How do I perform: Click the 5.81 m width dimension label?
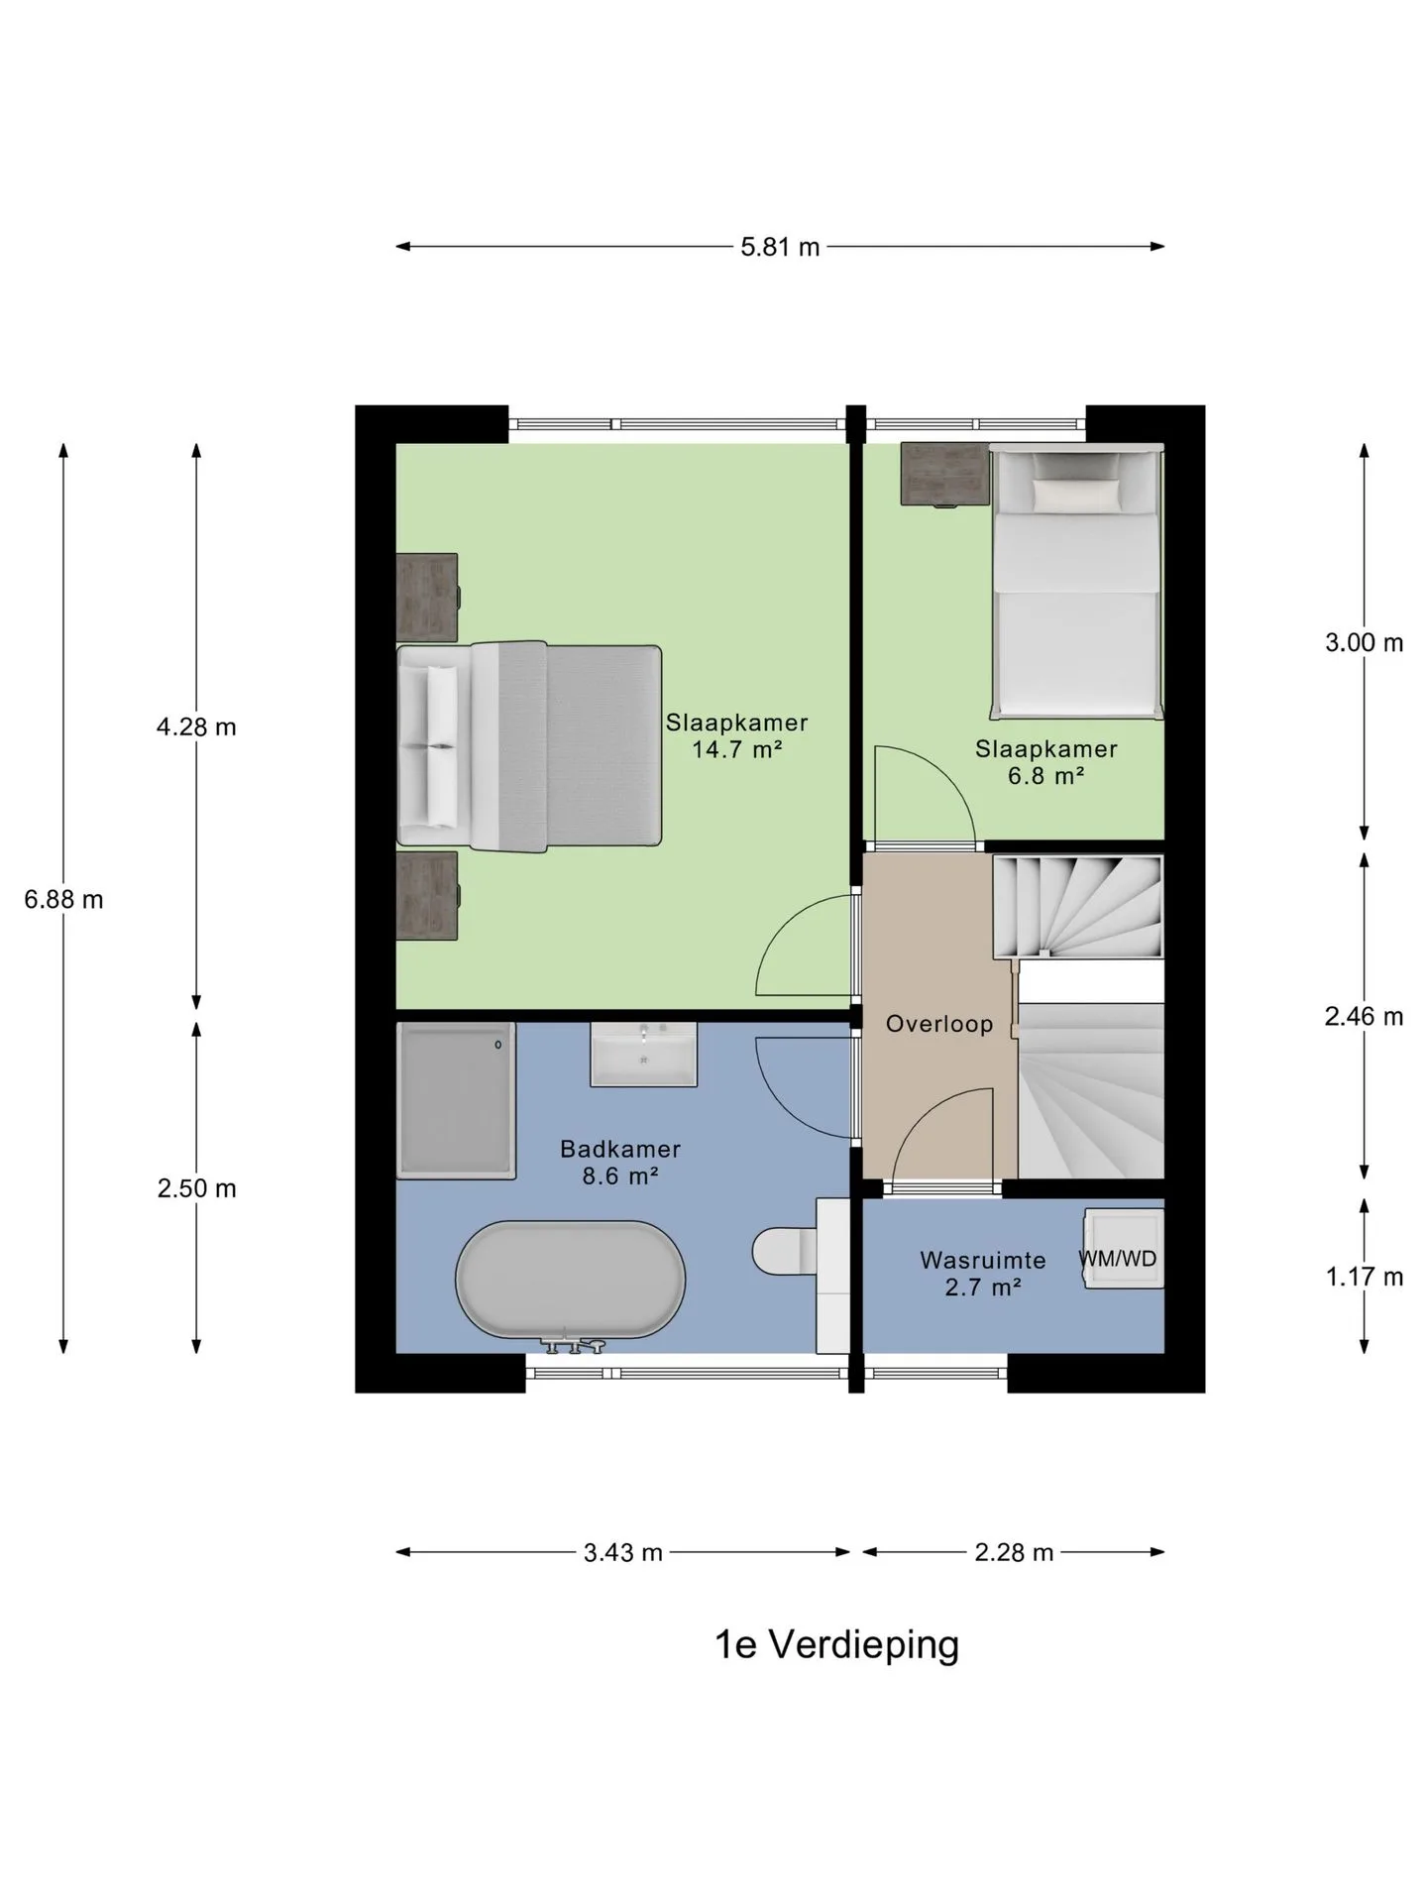coord(780,247)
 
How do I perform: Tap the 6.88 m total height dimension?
coord(63,900)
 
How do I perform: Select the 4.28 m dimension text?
coord(196,728)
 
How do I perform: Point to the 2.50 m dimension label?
coord(196,1188)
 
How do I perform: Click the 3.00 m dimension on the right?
coord(1365,643)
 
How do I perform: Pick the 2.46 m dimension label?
coord(1365,1017)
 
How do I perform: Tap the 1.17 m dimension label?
coord(1365,1278)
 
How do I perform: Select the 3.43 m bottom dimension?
coord(622,1553)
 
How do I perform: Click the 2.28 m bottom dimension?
coord(1014,1553)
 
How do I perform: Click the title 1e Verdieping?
coord(837,1646)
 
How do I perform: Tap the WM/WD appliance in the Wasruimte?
coord(1123,1248)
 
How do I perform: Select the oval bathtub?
coord(570,1280)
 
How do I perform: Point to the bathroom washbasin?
coord(644,1054)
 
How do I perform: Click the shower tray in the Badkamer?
coord(456,1100)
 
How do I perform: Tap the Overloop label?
coord(939,1024)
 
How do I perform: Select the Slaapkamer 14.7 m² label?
coord(736,736)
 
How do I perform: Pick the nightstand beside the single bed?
coord(945,474)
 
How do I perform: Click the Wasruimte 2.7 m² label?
coord(983,1274)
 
